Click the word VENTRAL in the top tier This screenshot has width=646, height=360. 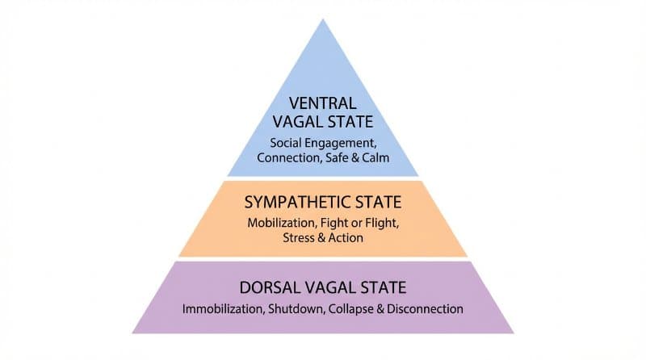coord(323,103)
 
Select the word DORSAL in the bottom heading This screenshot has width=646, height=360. coord(271,287)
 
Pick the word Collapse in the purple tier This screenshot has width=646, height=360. coord(346,308)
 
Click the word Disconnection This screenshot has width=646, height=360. coord(422,308)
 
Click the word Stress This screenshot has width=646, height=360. coord(300,238)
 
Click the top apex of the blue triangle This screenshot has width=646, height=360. coord(323,19)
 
